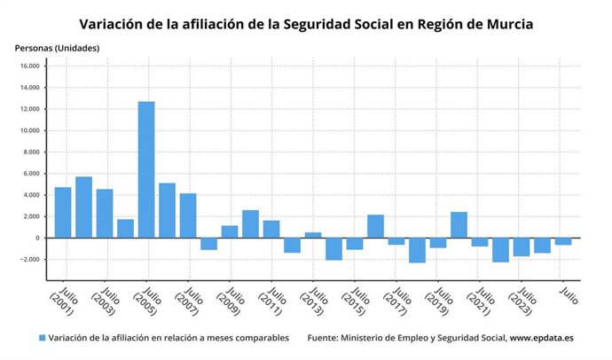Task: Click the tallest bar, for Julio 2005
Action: pos(146,169)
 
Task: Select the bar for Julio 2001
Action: pos(63,213)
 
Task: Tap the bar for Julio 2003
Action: pos(105,214)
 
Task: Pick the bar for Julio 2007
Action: pos(188,215)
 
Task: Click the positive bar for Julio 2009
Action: pos(230,231)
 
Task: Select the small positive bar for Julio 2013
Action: pos(313,235)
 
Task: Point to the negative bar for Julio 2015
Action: pos(355,244)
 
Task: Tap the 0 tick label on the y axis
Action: pos(36,239)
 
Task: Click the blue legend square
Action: pos(42,338)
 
